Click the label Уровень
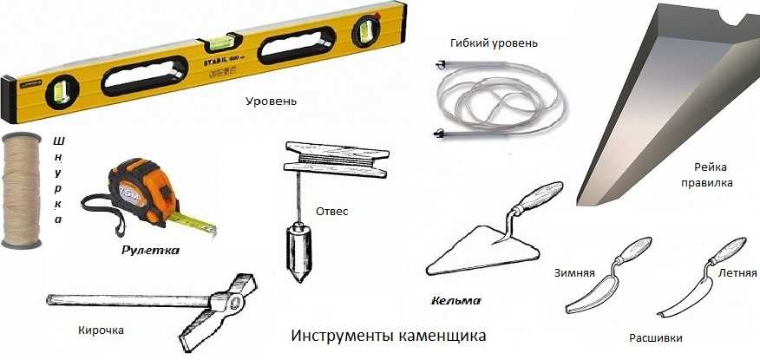tap(271, 101)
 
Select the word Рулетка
tap(151, 251)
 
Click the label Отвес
tap(332, 212)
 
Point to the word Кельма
tap(455, 301)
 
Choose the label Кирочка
tap(101, 331)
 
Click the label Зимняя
tap(574, 272)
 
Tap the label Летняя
tap(737, 272)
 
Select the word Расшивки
tap(656, 338)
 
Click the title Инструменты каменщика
tap(388, 336)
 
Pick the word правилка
tap(707, 184)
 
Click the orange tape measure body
tap(141, 192)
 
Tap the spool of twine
tap(22, 190)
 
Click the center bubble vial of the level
tap(220, 43)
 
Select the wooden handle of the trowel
tap(539, 196)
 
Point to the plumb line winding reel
tap(337, 158)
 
